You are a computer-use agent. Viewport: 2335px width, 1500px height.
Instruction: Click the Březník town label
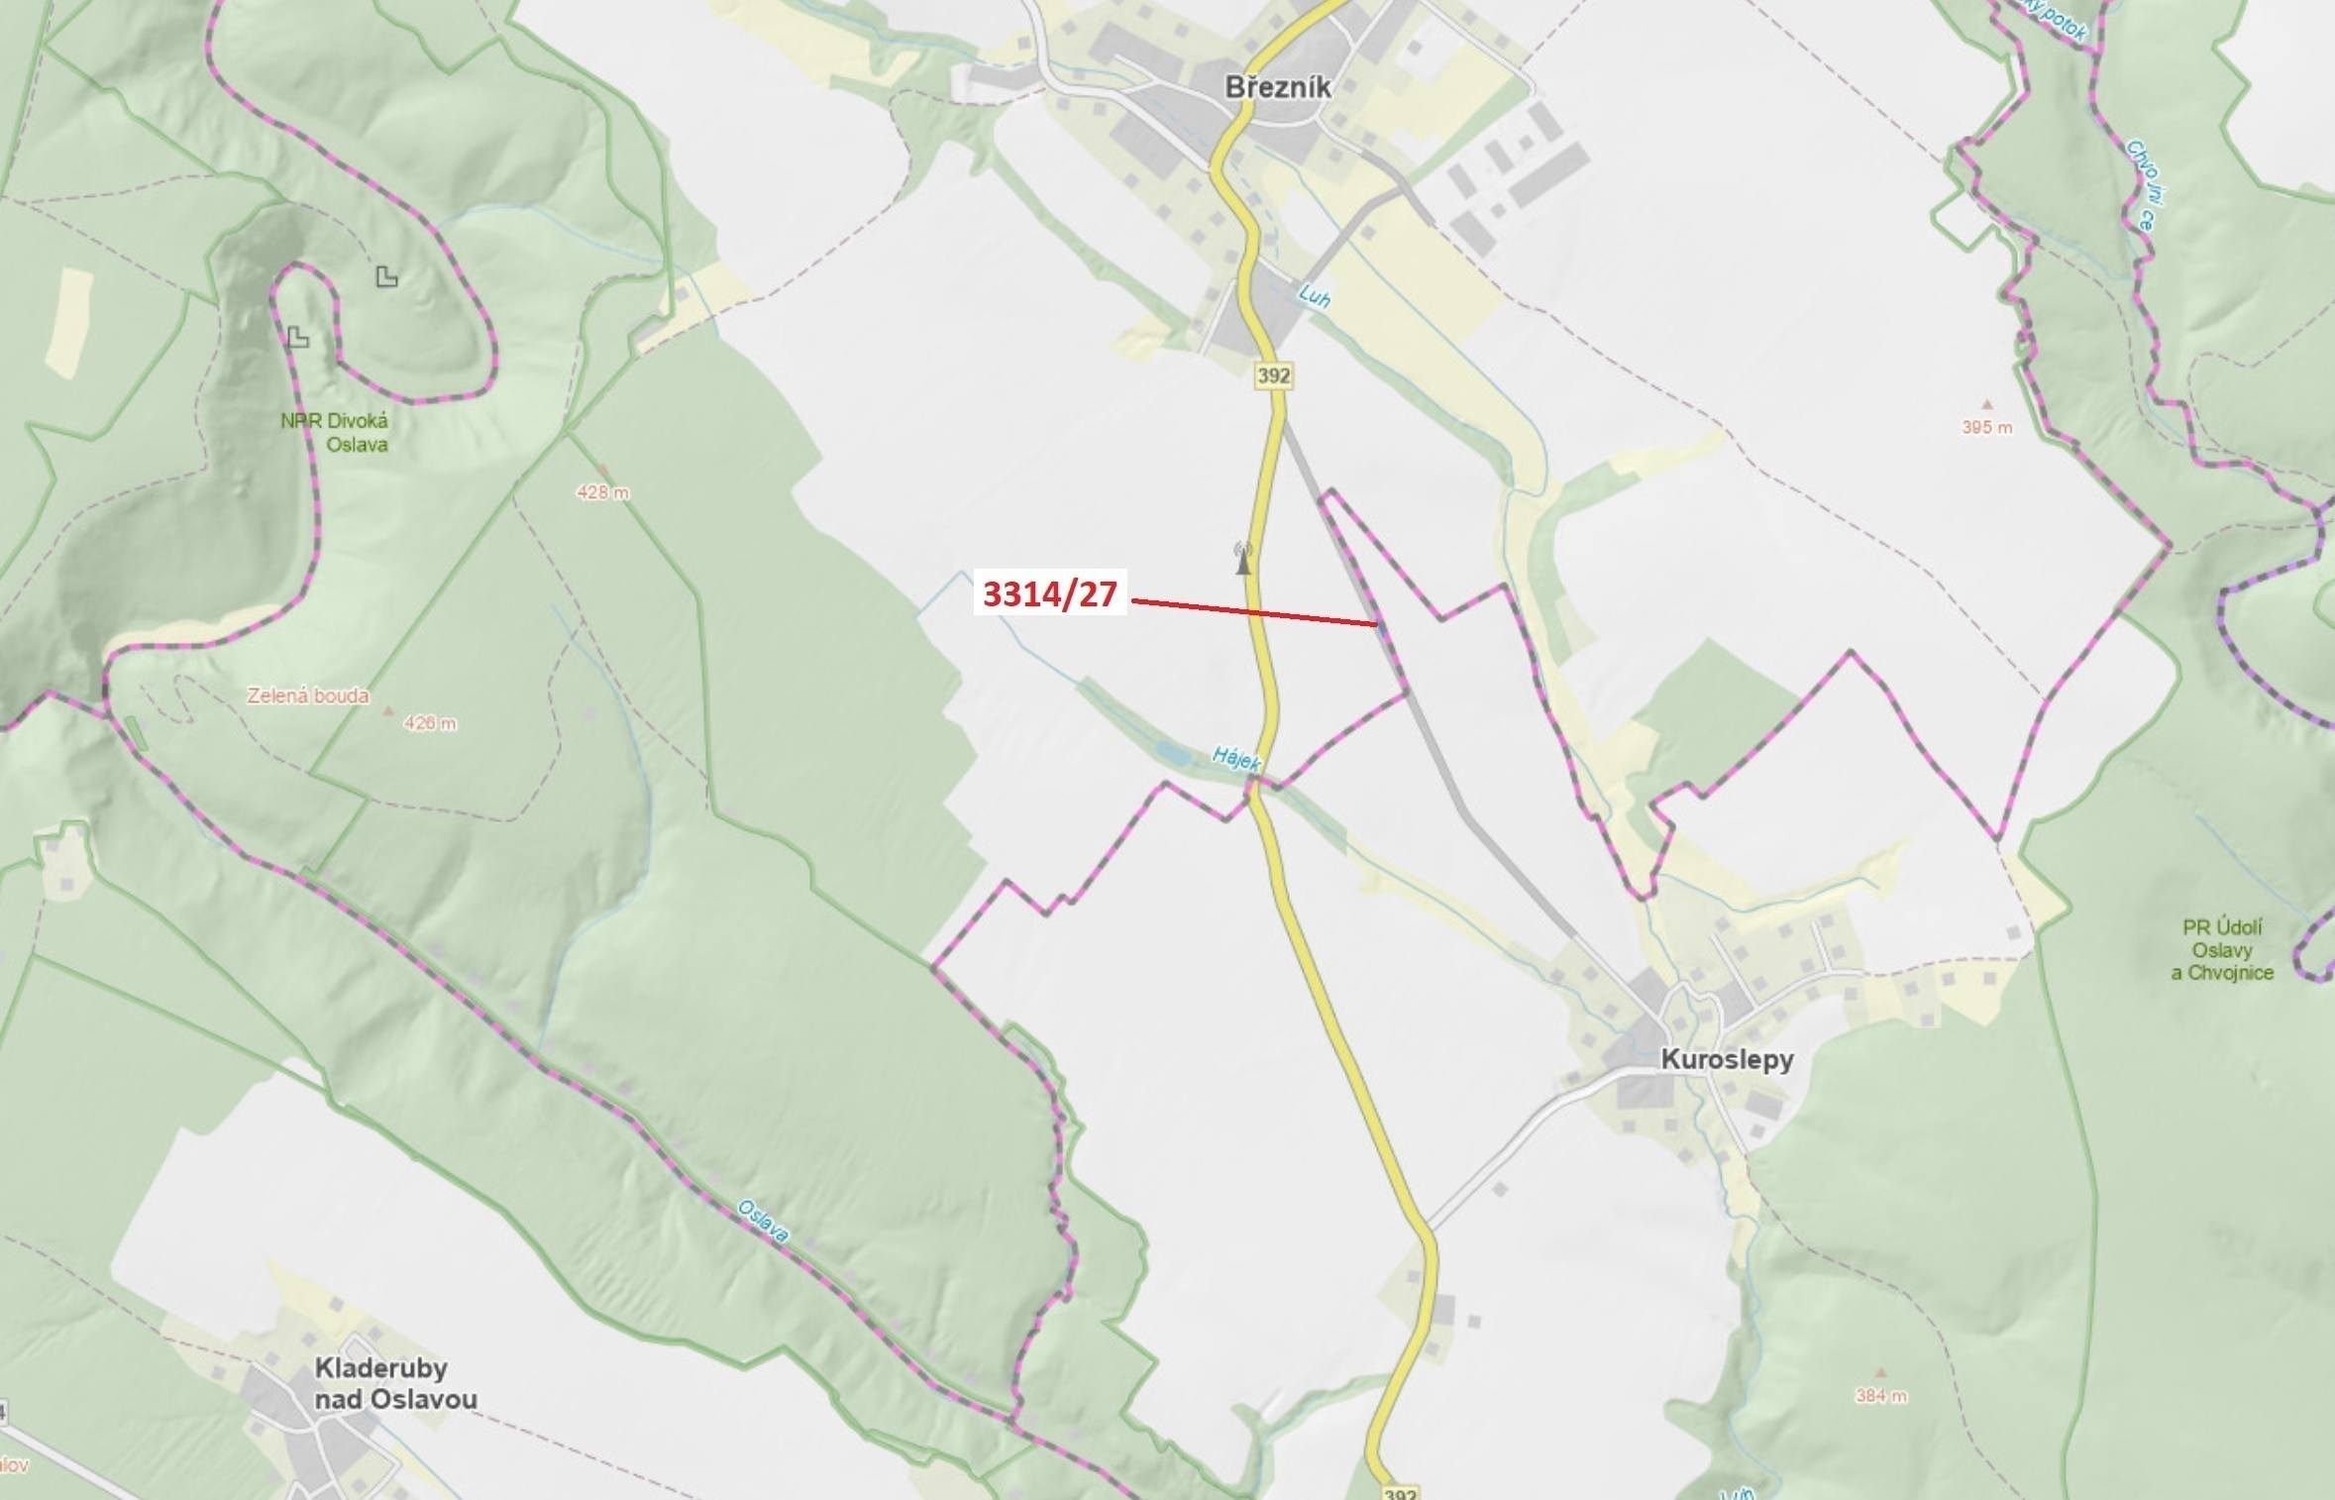click(x=1278, y=87)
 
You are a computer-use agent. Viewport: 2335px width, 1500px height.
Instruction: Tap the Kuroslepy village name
click(x=1727, y=1059)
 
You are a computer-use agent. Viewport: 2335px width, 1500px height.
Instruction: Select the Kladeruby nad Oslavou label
click(x=395, y=1383)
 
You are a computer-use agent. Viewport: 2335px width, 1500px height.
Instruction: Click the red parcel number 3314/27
click(x=1050, y=593)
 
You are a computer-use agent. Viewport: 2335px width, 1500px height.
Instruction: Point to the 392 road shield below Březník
click(x=1274, y=375)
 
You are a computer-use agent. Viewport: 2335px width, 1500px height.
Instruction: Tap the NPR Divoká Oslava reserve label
click(x=335, y=432)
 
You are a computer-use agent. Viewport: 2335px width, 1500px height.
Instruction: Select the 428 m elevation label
click(x=602, y=492)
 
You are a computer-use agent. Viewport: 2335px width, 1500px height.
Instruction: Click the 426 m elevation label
click(x=430, y=723)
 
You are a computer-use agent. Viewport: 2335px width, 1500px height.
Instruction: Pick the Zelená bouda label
click(x=307, y=696)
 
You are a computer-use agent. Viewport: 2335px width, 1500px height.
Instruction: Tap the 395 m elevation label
click(x=1987, y=428)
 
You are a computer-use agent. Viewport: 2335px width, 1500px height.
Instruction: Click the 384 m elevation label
click(x=1881, y=1396)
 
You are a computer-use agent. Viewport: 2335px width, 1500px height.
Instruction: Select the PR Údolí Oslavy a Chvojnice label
click(x=2222, y=950)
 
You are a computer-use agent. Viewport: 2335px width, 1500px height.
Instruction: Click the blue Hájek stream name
click(x=1236, y=760)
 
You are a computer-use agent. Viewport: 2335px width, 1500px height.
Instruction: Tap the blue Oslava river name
click(x=763, y=1222)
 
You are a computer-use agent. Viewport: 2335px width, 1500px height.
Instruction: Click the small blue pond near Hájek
click(x=1173, y=755)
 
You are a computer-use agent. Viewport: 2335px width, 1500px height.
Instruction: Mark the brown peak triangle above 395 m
click(x=1986, y=404)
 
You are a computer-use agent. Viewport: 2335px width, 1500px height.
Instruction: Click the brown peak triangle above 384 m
click(x=1881, y=1373)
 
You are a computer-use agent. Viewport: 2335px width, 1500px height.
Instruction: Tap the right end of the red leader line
click(x=1377, y=624)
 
